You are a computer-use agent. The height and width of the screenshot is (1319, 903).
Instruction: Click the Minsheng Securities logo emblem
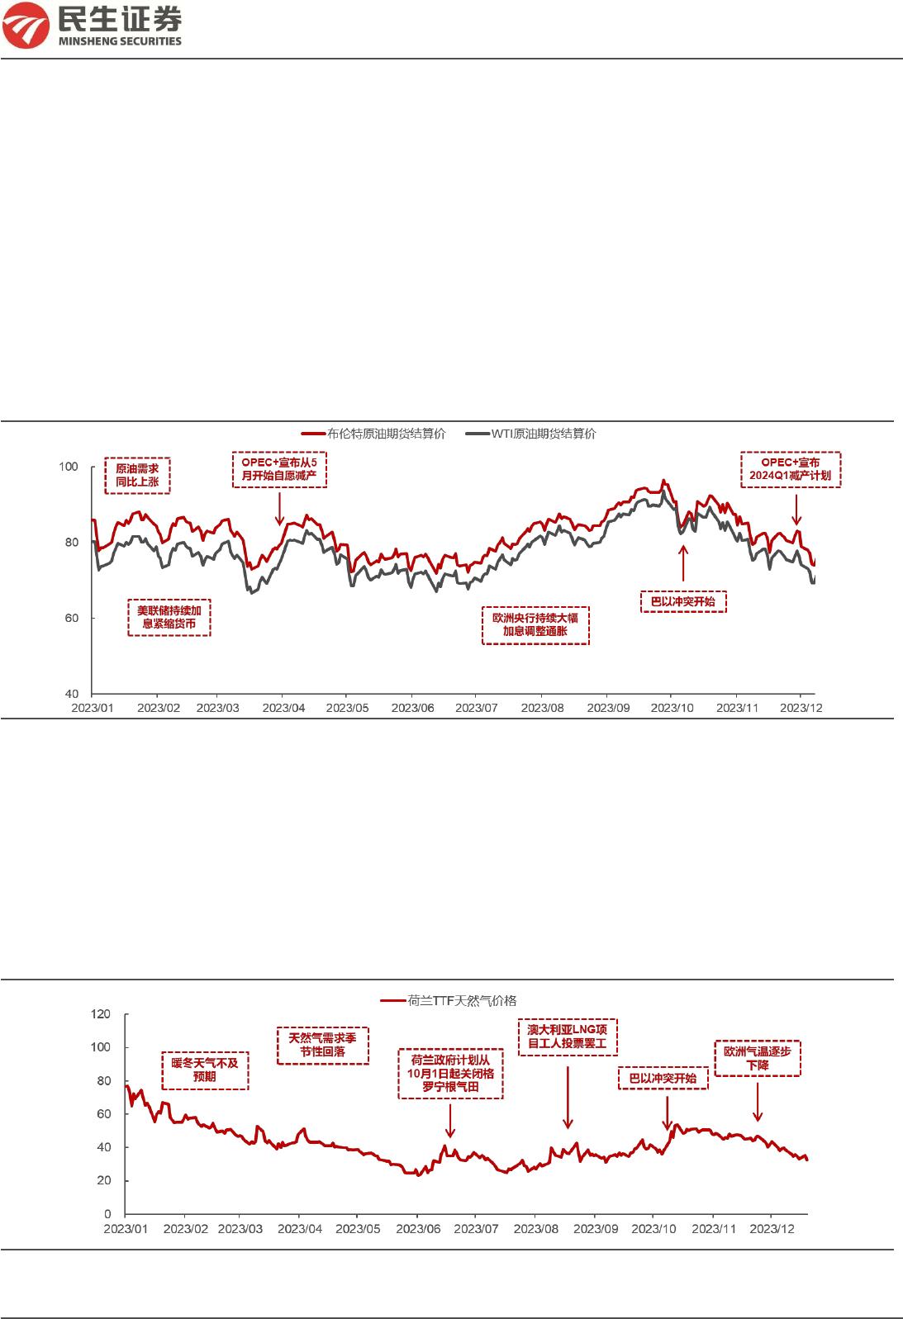pos(26,25)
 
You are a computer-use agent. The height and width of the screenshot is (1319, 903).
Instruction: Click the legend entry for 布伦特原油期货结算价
pos(373,434)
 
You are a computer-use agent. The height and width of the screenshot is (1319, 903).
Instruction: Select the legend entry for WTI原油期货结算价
pos(530,434)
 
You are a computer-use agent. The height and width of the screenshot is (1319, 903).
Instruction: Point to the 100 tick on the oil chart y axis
pos(69,467)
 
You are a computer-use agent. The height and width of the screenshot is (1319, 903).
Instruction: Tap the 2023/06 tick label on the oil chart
pos(412,708)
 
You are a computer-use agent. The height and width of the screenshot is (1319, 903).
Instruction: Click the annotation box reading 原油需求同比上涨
pos(137,475)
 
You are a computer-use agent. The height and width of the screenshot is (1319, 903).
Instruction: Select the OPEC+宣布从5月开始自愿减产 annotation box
pos(279,469)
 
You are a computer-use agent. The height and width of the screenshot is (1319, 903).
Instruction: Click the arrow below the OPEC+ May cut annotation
pos(280,508)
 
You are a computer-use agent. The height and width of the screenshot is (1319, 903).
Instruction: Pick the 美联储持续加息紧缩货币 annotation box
pos(169,617)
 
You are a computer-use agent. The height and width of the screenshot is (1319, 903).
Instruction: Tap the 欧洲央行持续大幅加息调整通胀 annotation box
pos(535,624)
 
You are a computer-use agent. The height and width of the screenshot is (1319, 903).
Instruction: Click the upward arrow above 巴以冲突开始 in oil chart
pos(683,563)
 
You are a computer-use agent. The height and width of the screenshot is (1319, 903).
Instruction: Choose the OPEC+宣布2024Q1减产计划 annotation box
pos(791,469)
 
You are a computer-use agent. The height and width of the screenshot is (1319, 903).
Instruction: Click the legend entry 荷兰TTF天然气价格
pos(449,1000)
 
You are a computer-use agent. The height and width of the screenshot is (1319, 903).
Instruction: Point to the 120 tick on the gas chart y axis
pos(101,1014)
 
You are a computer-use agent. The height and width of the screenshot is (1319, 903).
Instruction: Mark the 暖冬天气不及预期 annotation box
pos(205,1070)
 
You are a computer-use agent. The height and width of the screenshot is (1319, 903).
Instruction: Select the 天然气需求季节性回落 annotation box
pos(323,1045)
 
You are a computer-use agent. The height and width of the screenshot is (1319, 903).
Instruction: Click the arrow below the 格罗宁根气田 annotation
pos(450,1121)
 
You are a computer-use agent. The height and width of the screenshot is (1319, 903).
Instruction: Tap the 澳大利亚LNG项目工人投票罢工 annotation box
pos(568,1037)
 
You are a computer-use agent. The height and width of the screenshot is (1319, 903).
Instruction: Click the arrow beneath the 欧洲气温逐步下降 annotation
pos(758,1102)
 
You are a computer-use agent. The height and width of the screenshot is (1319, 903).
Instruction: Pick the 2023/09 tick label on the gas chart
pos(596,1229)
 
